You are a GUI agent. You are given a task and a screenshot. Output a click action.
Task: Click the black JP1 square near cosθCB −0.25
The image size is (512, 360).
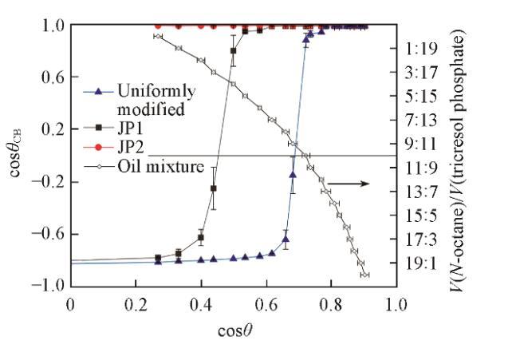coord(213,188)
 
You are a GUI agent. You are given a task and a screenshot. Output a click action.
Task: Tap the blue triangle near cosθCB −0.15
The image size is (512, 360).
coord(293,175)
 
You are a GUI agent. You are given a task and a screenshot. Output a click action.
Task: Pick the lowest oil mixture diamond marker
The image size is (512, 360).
coord(364,275)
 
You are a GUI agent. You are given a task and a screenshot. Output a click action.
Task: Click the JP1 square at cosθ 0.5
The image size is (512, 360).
coord(233,51)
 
